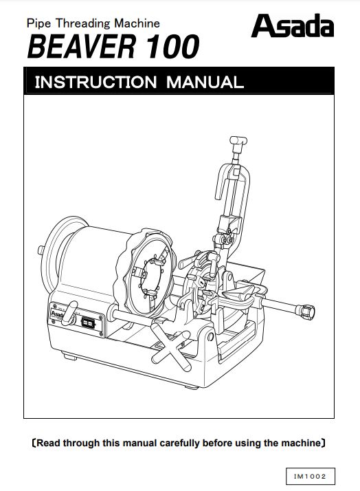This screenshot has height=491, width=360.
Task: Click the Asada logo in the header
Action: click(x=293, y=25)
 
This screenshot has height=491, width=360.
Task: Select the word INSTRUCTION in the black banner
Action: click(x=95, y=82)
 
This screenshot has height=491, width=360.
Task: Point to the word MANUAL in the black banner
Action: click(x=205, y=82)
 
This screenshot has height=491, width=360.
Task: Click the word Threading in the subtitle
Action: click(x=82, y=23)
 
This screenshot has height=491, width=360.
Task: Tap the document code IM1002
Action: click(x=310, y=477)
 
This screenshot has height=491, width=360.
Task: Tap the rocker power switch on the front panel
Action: click(x=87, y=322)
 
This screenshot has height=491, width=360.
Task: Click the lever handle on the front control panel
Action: click(x=69, y=312)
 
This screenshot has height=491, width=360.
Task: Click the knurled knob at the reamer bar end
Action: click(x=306, y=311)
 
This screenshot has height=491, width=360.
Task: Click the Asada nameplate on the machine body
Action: click(x=57, y=313)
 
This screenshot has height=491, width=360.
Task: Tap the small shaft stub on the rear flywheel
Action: click(x=41, y=250)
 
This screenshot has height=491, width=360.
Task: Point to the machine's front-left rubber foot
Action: click(x=69, y=357)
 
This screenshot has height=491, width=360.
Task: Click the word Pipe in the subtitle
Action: click(x=38, y=24)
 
